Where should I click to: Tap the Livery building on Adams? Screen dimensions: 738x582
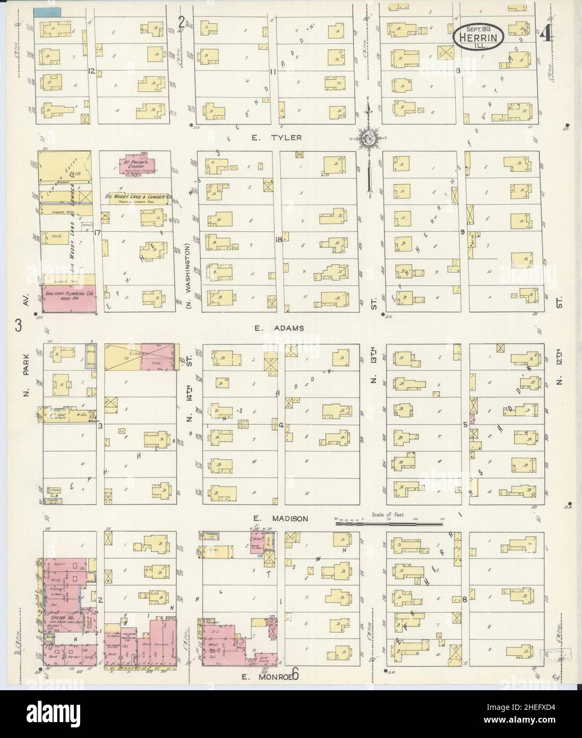tap(140, 356)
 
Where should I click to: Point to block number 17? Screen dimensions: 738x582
tap(97, 232)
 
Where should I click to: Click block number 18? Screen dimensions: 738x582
tap(278, 239)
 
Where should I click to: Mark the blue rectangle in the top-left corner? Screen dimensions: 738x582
tap(47, 11)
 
